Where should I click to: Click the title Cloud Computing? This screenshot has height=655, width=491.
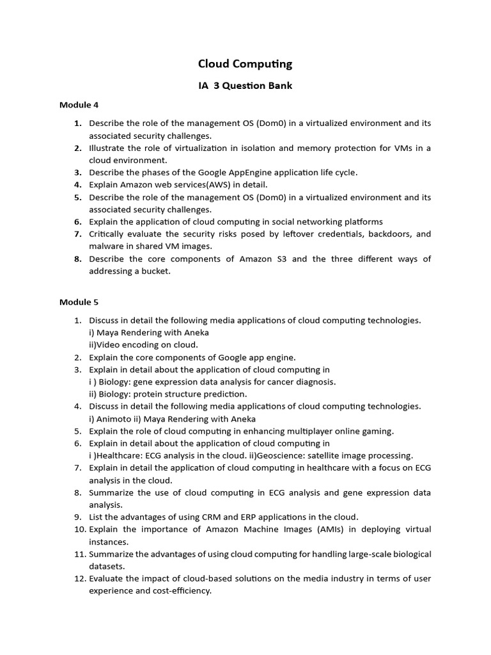245,63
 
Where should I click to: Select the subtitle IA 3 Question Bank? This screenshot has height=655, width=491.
245,86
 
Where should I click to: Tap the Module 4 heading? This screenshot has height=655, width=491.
79,105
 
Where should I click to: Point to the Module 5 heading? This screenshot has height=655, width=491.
79,302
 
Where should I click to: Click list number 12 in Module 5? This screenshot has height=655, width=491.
79,578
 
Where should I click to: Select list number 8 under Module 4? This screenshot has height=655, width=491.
77,259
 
